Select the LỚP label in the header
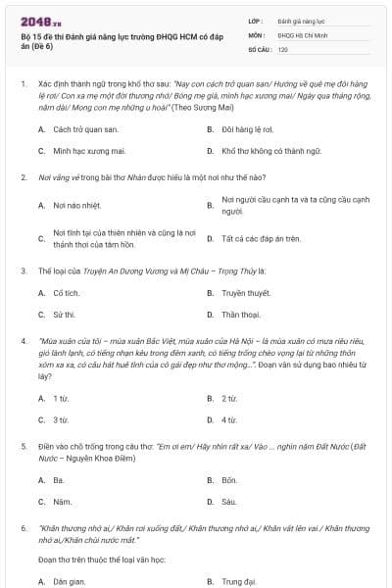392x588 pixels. pyautogui.click(x=256, y=20)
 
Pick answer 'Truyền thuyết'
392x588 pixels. pyautogui.click(x=245, y=292)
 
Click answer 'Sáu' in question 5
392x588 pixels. pyautogui.click(x=228, y=502)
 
